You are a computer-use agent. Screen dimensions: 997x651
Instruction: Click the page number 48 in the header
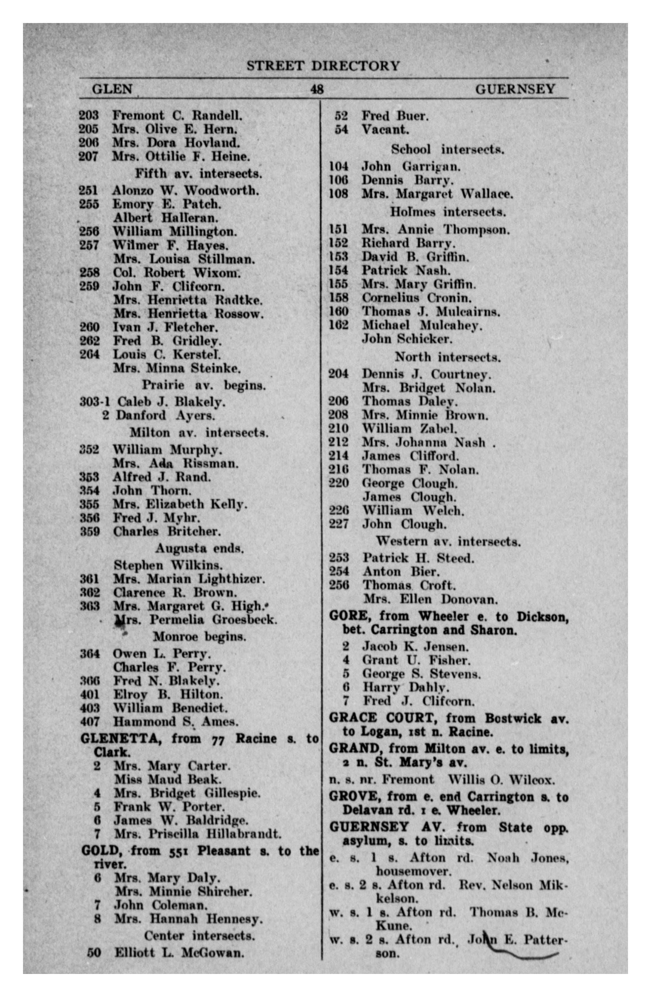[317, 89]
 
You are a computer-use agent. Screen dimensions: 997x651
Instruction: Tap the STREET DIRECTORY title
[323, 66]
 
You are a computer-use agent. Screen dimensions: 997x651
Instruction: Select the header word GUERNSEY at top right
[515, 89]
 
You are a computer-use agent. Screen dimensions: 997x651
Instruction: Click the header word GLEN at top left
[112, 89]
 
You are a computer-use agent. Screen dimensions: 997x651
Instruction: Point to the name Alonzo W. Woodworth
[185, 190]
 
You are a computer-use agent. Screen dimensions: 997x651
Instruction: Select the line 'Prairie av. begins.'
[203, 385]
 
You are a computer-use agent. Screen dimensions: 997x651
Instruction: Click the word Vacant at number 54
[385, 129]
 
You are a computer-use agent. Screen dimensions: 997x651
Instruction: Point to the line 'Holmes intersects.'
[448, 212]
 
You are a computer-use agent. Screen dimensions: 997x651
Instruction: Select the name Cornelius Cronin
[416, 298]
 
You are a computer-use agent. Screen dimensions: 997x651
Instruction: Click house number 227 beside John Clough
[338, 524]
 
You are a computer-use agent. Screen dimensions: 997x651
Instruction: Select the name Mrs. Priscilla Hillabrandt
[197, 834]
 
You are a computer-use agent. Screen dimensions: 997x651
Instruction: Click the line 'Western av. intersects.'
[448, 542]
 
